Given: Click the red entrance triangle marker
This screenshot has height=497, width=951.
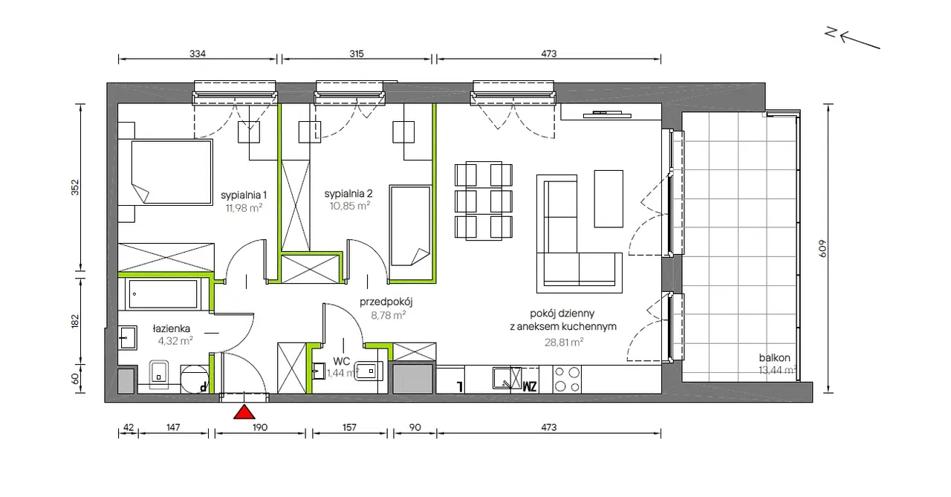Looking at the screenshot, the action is pos(244,412).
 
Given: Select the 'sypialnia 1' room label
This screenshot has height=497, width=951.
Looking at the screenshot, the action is pos(244,195).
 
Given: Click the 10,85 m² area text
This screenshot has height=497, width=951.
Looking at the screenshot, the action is pos(350,206).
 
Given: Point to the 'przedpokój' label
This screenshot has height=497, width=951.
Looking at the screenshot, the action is pos(386,302).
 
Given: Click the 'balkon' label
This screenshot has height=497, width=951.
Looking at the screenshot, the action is pos(774,357).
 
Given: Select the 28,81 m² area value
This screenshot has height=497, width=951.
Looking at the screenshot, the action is pos(563,342).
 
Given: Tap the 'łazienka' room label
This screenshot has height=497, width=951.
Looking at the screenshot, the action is pos(172,328).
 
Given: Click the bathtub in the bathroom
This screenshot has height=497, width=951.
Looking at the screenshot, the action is pos(163,293).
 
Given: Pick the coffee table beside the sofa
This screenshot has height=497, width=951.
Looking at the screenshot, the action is pos(608,198).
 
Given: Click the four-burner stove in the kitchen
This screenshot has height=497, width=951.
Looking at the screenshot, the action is pos(567,380).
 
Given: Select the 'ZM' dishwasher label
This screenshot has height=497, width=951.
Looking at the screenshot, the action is pos(530,386).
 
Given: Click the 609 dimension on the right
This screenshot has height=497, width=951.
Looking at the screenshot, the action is pos(822,249).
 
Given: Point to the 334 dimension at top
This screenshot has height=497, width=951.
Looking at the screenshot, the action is pos(198,53).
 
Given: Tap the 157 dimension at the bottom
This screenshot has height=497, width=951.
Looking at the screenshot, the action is pos(349,427).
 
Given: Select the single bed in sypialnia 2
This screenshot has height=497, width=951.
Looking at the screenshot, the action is pos(410,225).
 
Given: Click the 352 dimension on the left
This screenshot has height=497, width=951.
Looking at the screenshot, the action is pos(75,187).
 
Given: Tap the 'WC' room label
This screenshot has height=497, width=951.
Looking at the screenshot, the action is pos(341,361).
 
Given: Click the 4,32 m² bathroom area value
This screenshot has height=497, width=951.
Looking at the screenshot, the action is pos(175,340).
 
